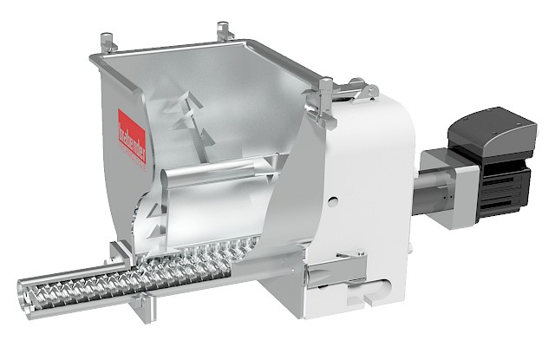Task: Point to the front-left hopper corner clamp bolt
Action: click(107, 42)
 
